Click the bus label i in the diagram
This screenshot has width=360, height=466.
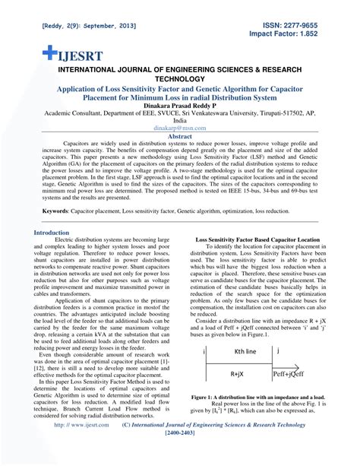pyautogui.click(x=205, y=351)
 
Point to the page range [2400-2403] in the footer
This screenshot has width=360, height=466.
pyautogui.click(x=179, y=457)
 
